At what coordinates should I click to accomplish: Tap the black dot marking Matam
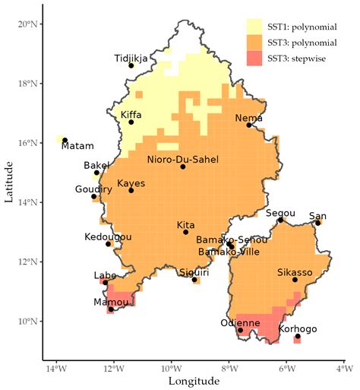(65, 140)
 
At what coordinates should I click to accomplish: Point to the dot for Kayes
(131, 190)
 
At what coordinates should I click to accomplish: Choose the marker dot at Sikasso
(295, 280)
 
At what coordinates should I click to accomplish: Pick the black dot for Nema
(248, 125)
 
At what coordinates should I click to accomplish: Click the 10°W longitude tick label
(172, 370)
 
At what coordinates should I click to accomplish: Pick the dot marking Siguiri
(195, 280)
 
